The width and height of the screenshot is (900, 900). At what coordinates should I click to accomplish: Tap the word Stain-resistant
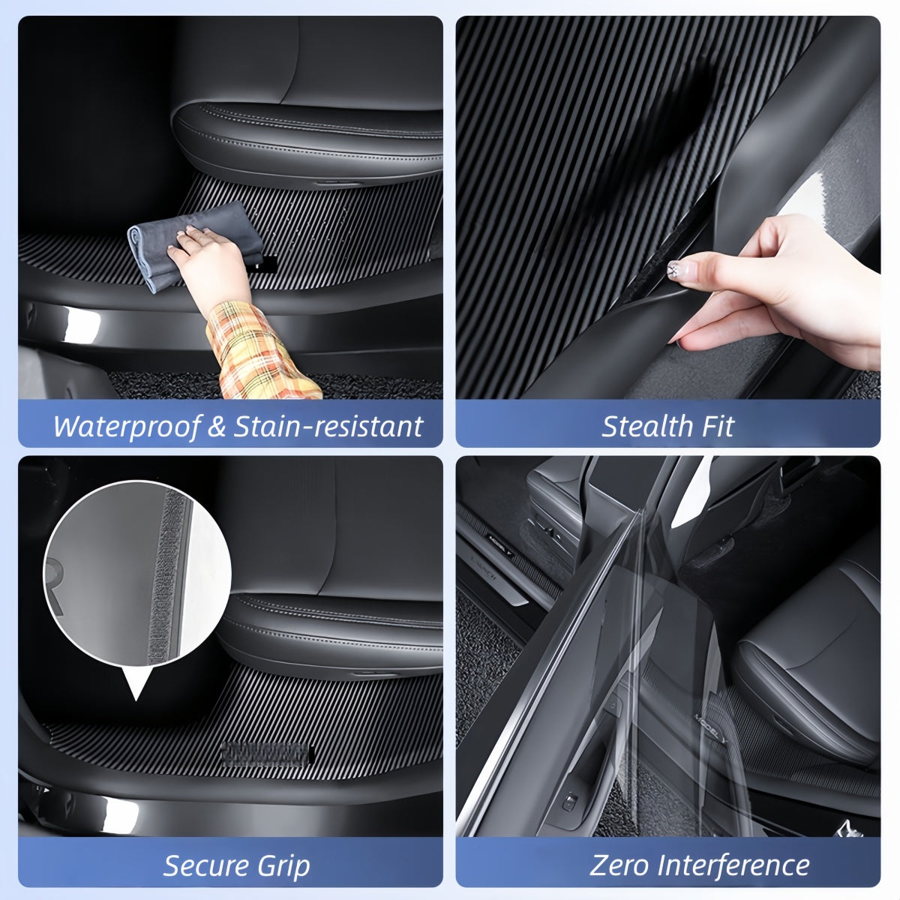(x=328, y=427)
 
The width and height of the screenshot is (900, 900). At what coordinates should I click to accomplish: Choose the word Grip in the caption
(x=284, y=867)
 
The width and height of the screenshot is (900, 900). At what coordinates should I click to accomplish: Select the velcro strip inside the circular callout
(x=172, y=577)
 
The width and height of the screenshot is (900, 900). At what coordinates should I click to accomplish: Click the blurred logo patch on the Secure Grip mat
(x=266, y=752)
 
